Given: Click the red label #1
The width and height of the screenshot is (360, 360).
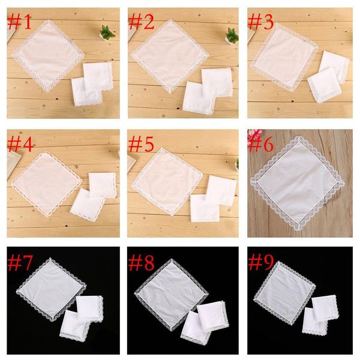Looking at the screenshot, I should (x=21, y=24).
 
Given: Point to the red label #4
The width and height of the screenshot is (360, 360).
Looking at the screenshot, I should (x=21, y=144).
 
